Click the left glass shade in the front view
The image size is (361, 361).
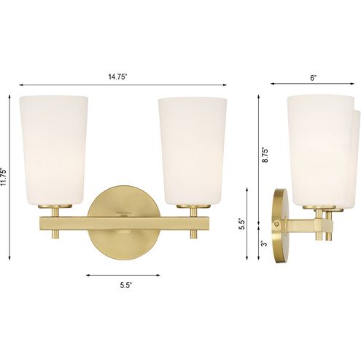(54, 150)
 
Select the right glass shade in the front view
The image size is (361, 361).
(193, 150)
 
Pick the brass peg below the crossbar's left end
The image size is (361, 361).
(55, 234)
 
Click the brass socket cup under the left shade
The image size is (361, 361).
(54, 209)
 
